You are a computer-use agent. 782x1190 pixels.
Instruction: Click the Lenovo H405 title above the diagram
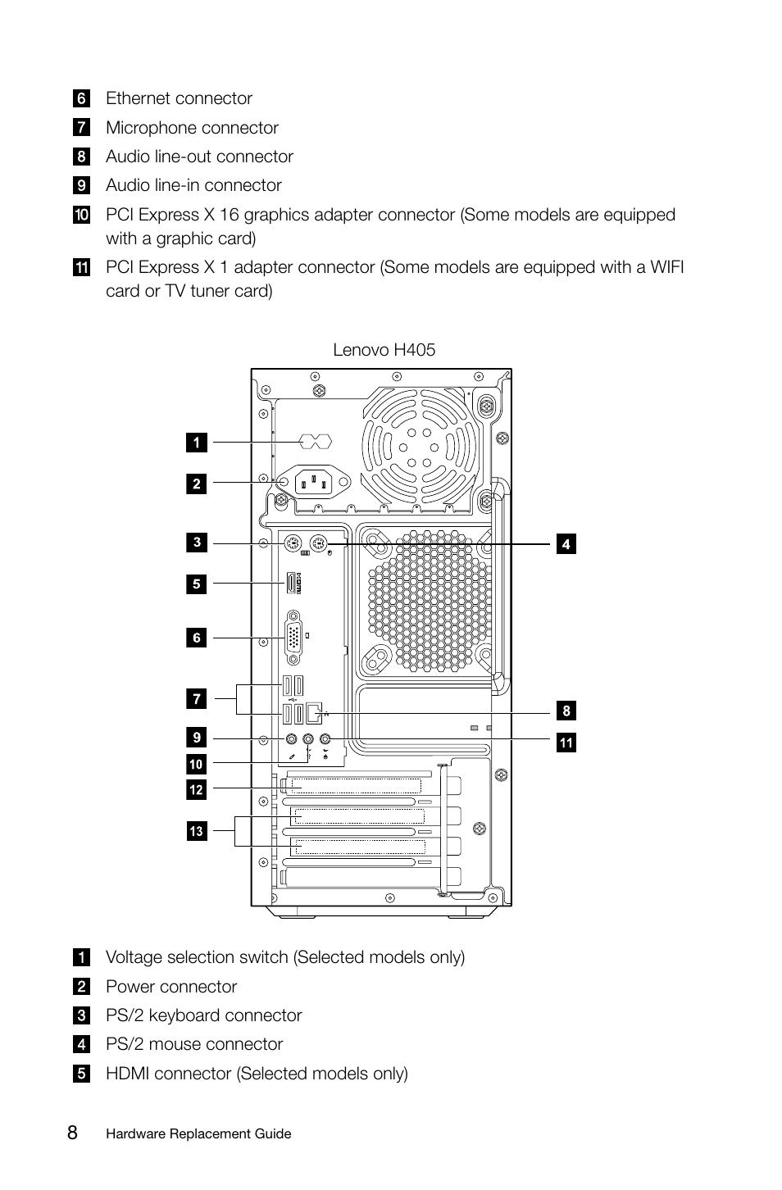click(x=384, y=350)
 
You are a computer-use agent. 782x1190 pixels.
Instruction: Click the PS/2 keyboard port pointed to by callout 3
click(x=293, y=543)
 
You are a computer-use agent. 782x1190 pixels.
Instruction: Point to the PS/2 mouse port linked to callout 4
click(x=321, y=543)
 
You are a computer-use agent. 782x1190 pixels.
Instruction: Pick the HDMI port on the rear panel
click(x=290, y=584)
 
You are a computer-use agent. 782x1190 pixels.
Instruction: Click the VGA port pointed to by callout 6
click(x=293, y=638)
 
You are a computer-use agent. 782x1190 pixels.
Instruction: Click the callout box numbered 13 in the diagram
click(x=196, y=831)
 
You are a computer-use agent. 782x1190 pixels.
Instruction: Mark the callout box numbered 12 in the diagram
click(x=196, y=790)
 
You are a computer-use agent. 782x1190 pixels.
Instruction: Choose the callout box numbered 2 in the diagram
click(x=196, y=484)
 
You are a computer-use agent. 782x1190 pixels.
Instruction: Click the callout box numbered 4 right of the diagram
click(x=566, y=543)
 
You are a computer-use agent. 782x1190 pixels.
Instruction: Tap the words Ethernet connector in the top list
click(x=179, y=98)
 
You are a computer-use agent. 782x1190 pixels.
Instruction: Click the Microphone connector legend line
click(x=192, y=128)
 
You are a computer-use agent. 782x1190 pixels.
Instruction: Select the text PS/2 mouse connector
click(x=194, y=1044)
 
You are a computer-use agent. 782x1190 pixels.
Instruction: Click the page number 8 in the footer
click(x=73, y=1133)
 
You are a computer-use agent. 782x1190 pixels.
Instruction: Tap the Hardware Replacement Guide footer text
click(x=198, y=1134)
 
